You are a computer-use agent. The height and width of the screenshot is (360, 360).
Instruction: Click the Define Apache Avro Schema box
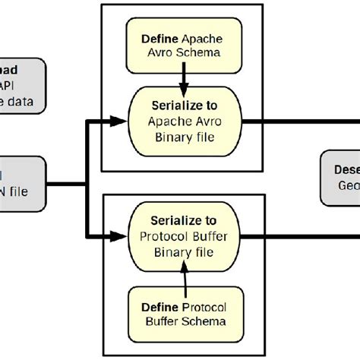182,45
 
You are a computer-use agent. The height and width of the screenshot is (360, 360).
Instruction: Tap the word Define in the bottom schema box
160,307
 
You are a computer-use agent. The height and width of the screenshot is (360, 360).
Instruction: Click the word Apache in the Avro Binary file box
165,119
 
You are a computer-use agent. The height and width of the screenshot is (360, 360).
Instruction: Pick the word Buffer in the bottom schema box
160,321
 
